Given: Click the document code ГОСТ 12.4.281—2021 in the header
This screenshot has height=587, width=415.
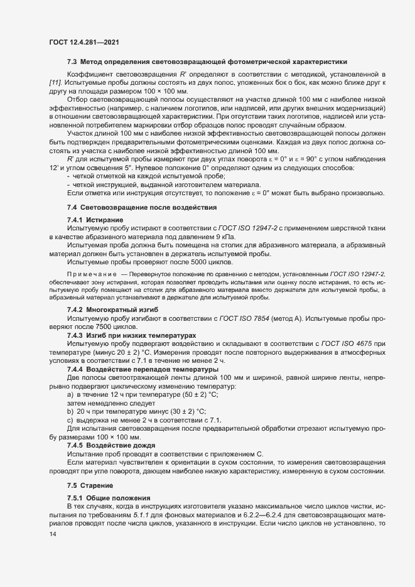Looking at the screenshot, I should click(x=84, y=42).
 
